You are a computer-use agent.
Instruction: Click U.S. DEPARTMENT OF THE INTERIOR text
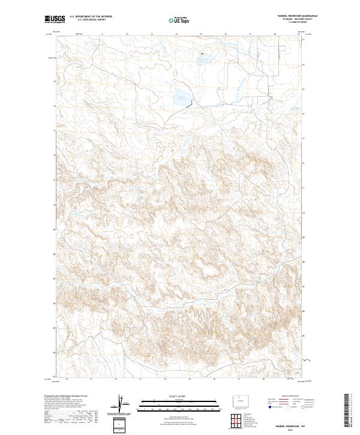(x=91, y=17)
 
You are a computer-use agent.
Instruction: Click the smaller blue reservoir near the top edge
(x=206, y=59)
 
